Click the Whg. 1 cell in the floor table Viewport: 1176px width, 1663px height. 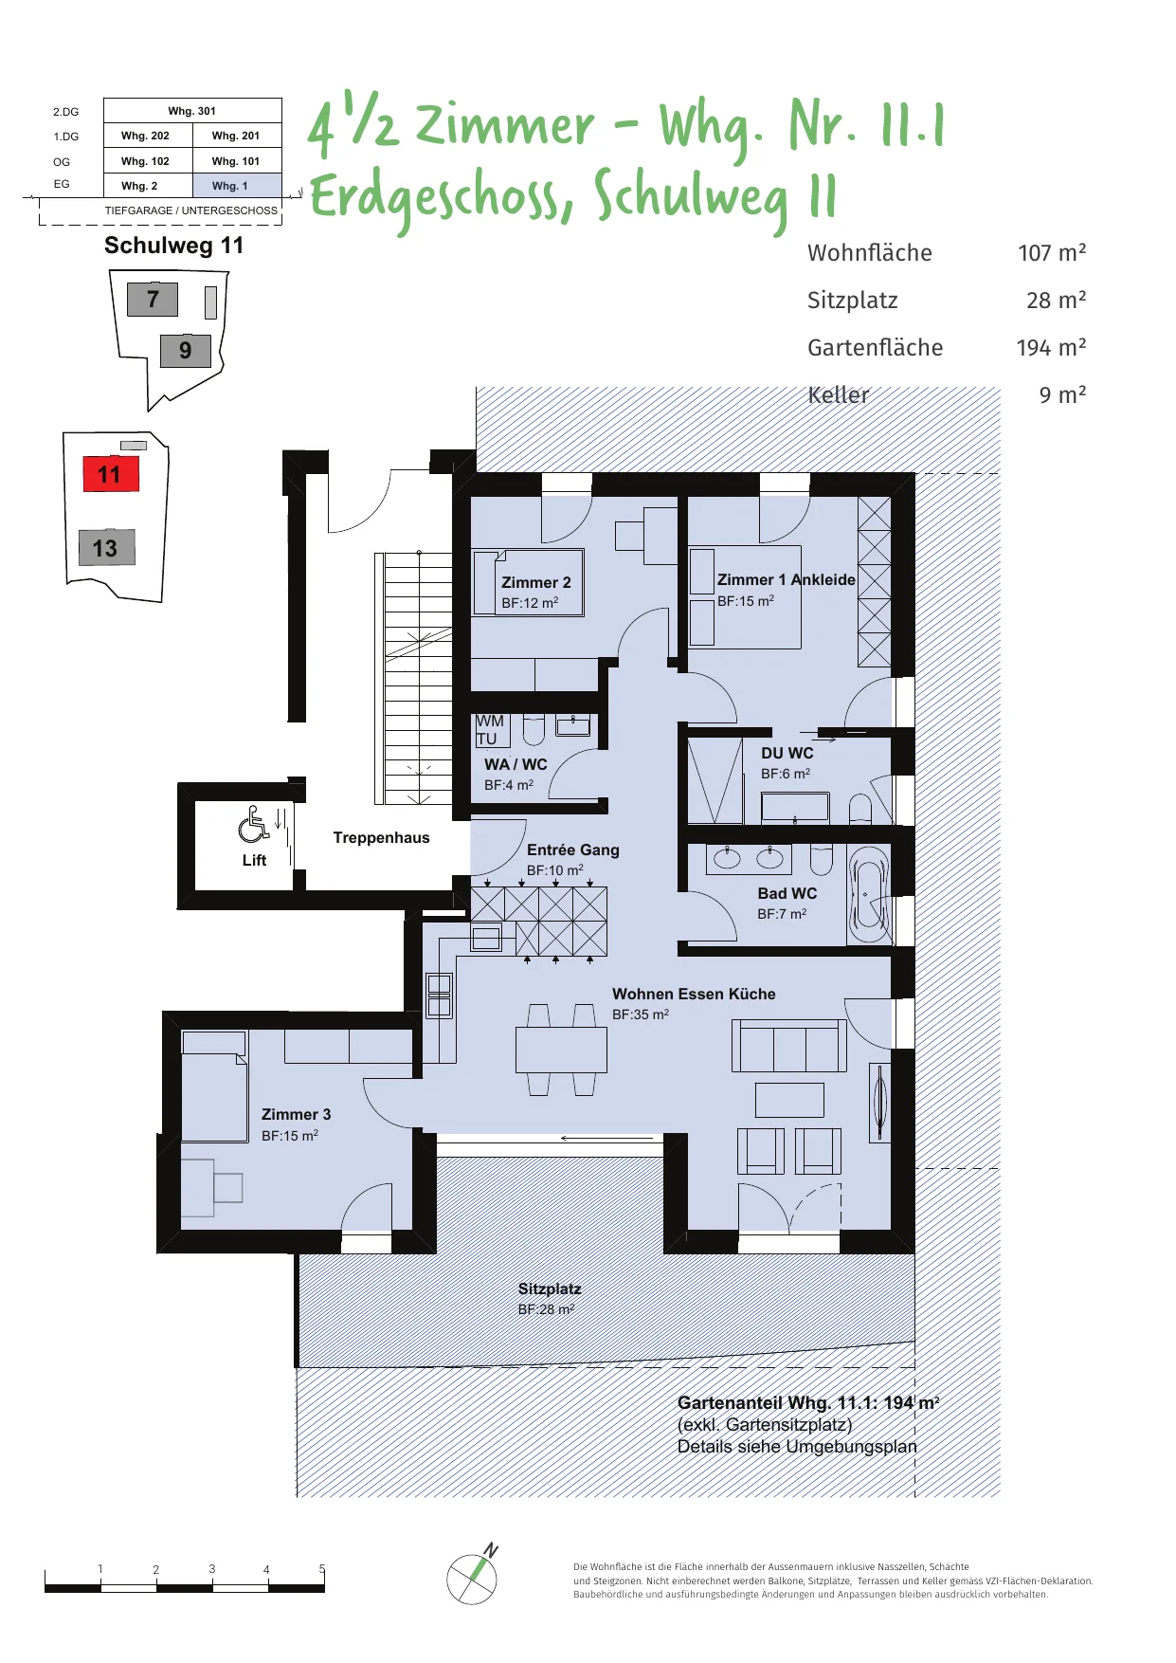[x=237, y=186]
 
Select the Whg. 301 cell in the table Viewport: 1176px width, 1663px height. [x=192, y=111]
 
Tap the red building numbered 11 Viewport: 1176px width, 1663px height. [x=111, y=474]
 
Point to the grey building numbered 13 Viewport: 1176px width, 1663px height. [x=106, y=547]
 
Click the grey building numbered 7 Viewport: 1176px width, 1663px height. [x=153, y=299]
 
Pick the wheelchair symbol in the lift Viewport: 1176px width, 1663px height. [x=253, y=824]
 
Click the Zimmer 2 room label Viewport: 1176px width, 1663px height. [x=536, y=582]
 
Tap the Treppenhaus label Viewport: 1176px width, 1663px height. [x=381, y=837]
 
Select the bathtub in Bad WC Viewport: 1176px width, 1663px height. [x=869, y=895]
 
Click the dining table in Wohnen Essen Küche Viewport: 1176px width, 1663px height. [x=561, y=1050]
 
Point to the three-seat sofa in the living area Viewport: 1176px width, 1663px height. [x=789, y=1046]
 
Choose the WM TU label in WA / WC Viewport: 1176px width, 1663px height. [x=490, y=730]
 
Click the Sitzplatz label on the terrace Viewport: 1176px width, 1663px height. [x=550, y=1288]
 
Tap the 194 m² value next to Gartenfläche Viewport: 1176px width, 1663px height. [x=1051, y=347]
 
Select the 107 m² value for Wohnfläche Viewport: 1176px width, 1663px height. [x=1052, y=252]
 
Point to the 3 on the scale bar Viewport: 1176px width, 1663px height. [x=212, y=1569]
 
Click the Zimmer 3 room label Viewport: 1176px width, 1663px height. [x=296, y=1114]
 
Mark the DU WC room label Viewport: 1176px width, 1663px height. [x=787, y=753]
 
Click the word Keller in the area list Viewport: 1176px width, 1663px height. [x=838, y=394]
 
